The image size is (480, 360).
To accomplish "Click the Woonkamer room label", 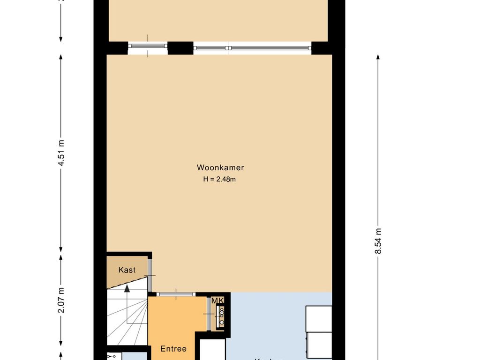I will (x=220, y=167).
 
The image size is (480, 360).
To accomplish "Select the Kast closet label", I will (x=127, y=270).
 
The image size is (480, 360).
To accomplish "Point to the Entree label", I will (x=173, y=349).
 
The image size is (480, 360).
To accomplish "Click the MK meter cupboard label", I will (x=217, y=300).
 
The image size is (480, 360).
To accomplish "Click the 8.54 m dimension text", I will (x=378, y=240).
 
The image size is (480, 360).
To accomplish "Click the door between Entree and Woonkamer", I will (x=176, y=294).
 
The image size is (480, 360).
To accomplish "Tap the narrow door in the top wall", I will (x=148, y=46).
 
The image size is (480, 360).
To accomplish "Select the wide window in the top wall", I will (x=252, y=47).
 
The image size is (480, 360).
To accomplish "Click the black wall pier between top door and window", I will (x=180, y=48).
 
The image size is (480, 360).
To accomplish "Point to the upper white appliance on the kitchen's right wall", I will (x=319, y=318).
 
